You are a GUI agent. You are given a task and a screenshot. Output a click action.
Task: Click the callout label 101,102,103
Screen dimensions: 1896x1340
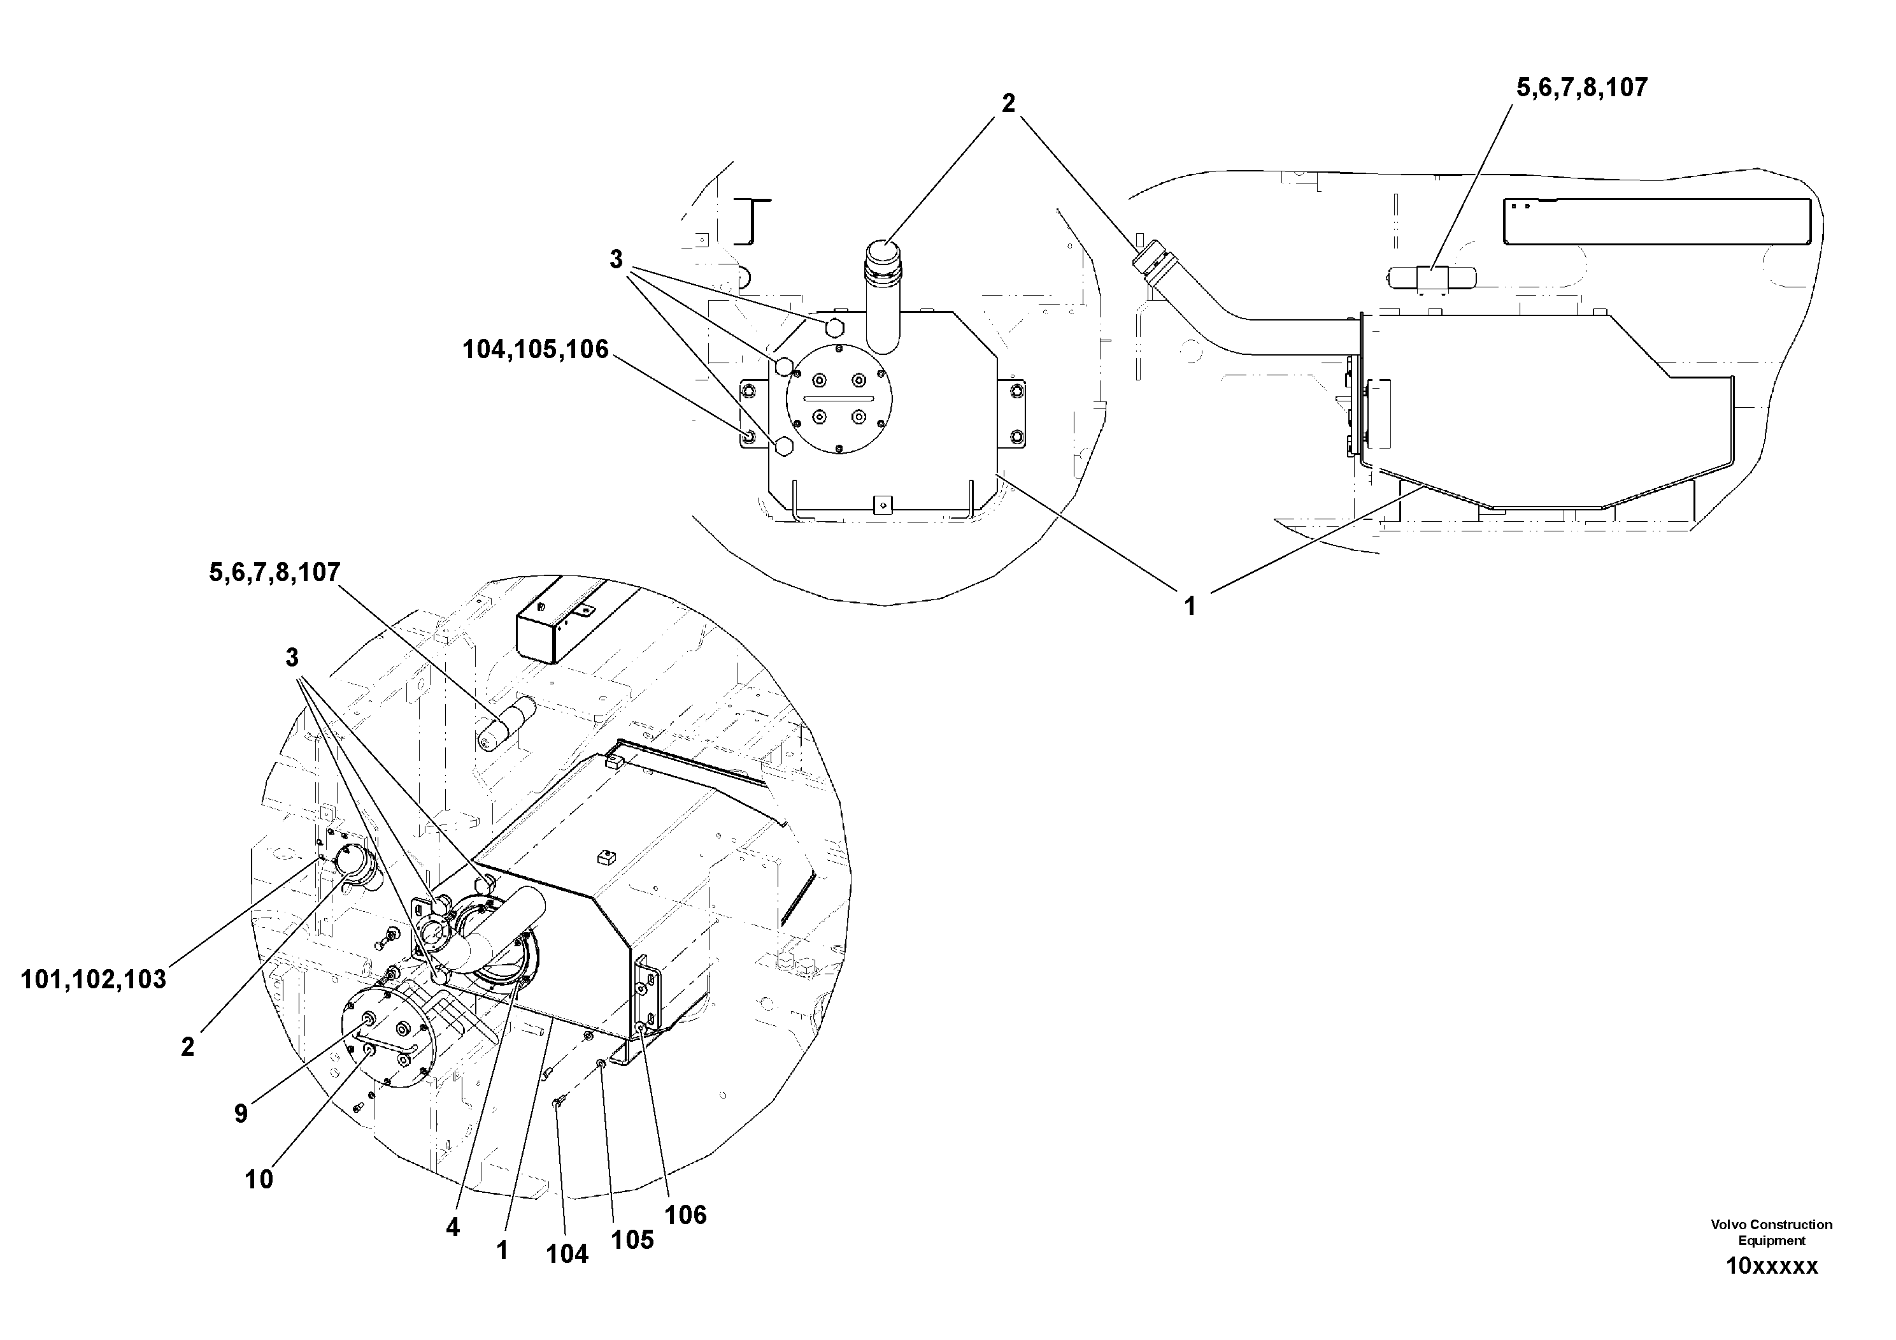point(94,980)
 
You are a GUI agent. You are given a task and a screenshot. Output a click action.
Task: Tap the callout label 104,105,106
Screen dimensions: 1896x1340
point(535,349)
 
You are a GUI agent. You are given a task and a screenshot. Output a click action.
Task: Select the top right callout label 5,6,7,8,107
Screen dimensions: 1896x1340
point(1581,87)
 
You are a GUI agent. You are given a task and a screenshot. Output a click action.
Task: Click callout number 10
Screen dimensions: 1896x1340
point(259,1179)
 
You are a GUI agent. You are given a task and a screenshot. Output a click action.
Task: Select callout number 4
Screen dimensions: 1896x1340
point(453,1228)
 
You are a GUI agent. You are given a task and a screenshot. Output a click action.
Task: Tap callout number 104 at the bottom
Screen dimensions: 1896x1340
point(567,1254)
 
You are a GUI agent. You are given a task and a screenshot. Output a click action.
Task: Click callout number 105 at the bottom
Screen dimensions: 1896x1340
point(632,1240)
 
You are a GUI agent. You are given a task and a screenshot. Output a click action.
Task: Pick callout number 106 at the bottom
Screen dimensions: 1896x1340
point(686,1214)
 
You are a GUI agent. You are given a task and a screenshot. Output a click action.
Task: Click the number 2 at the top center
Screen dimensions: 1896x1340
point(1008,104)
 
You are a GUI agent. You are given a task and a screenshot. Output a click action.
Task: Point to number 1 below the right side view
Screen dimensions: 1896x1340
point(1189,607)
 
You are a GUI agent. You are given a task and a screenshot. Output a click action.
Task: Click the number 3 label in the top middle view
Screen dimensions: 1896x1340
point(616,259)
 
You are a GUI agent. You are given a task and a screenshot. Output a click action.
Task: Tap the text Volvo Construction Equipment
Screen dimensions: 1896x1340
point(1771,1232)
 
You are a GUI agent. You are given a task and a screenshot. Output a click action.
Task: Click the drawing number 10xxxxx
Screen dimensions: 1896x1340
point(1771,1267)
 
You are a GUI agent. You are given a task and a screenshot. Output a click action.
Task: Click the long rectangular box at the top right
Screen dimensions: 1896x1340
point(1657,221)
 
